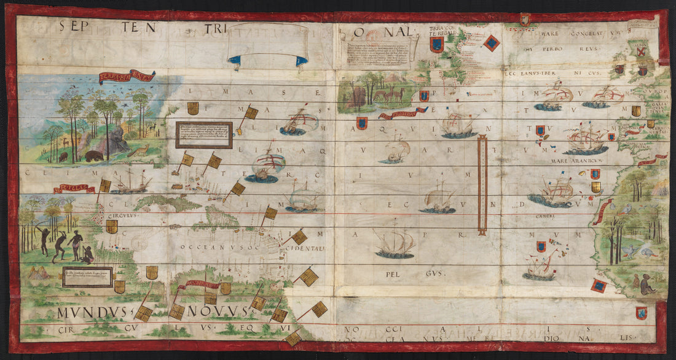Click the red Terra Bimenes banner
127,77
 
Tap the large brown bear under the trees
94,155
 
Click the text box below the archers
87,277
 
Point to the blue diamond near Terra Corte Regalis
492,42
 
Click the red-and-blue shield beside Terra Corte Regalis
436,44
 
